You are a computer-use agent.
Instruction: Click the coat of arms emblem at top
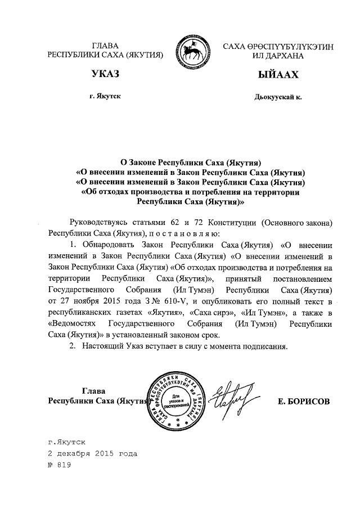coord(193,51)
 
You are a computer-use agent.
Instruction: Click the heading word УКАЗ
coord(106,75)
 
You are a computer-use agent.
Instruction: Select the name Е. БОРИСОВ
coord(304,402)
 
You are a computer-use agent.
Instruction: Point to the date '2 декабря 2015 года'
coord(92,453)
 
